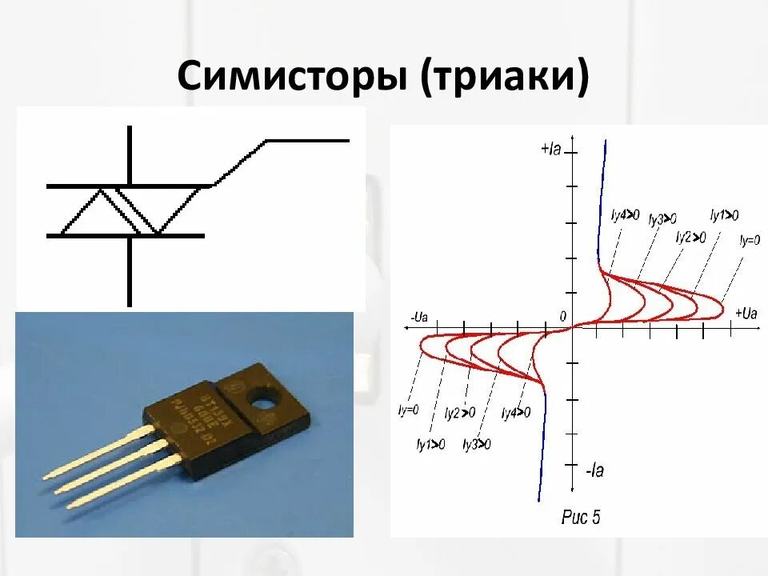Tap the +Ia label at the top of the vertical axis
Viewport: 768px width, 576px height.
coord(551,150)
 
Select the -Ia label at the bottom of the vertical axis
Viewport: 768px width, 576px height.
coord(594,471)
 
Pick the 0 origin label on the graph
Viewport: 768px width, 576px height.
coord(562,317)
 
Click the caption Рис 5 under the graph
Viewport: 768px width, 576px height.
coord(580,518)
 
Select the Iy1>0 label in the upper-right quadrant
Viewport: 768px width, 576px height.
coord(725,214)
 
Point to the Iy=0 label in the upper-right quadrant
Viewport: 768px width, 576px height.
coord(750,239)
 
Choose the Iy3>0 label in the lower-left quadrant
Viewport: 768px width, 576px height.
coord(477,444)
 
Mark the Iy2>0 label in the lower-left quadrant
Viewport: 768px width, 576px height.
coord(460,413)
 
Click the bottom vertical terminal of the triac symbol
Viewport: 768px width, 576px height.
coord(130,272)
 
